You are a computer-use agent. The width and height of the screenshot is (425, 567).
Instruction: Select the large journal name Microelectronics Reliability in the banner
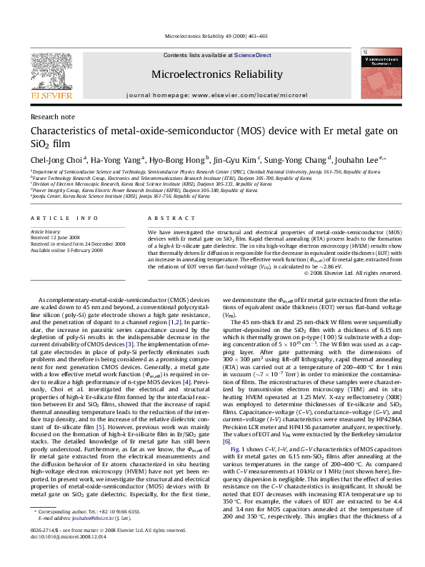point(212,73)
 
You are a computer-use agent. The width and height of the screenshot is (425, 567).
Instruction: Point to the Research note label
point(48,116)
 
